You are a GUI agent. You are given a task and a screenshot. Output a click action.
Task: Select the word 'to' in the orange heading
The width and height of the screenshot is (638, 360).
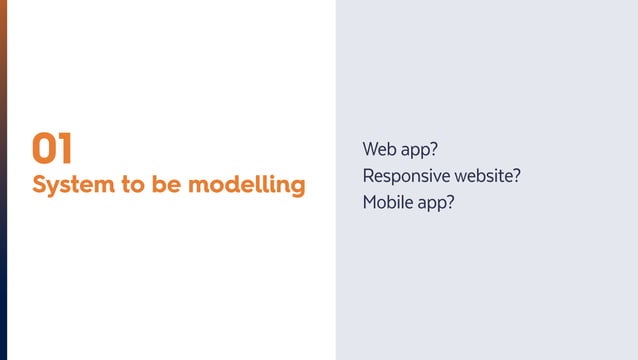[134, 186]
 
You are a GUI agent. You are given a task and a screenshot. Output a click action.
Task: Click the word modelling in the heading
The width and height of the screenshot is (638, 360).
[247, 186]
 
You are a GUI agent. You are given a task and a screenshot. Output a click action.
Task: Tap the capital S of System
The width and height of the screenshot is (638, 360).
[39, 185]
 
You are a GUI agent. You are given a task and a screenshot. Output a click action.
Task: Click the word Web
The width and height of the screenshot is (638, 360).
[379, 151]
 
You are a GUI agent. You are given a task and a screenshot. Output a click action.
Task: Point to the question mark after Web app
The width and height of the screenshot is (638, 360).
[435, 151]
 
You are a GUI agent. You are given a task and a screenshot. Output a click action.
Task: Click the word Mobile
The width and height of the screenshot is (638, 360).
[386, 202]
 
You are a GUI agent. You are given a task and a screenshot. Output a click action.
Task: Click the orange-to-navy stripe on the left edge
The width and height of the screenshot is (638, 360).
[3, 180]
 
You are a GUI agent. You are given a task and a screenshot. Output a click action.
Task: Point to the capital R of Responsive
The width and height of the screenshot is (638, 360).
[368, 176]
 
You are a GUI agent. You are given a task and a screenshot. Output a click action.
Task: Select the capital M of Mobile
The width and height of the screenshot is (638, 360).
[370, 202]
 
